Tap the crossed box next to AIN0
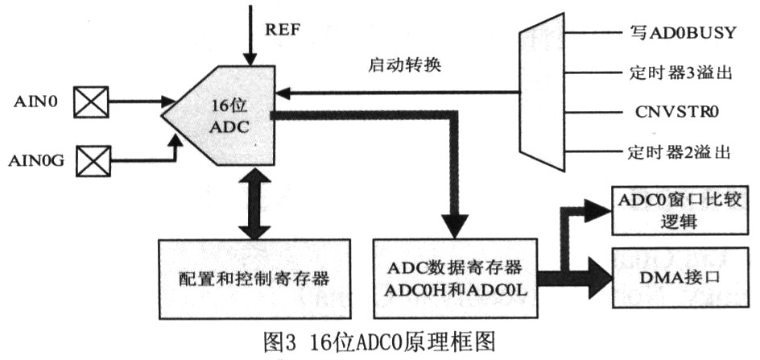[90, 102]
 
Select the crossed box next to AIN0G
[90, 160]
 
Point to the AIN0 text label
[35, 102]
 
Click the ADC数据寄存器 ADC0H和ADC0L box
[455, 277]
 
